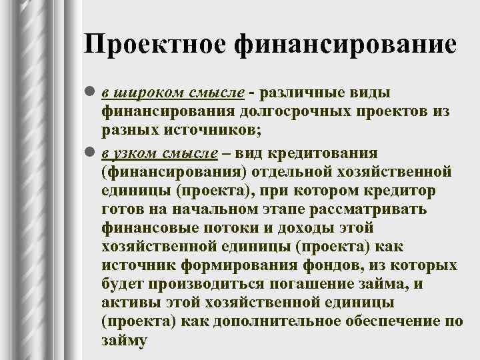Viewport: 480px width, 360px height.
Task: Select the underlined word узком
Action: tap(137, 153)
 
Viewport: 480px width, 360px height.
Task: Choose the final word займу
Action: tap(123, 339)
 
